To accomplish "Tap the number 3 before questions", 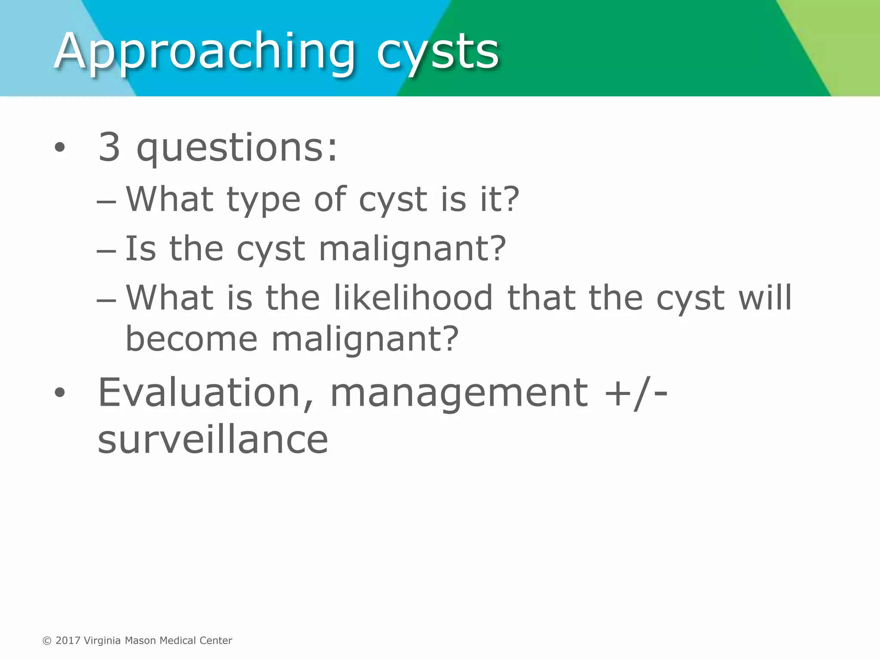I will click(x=109, y=147).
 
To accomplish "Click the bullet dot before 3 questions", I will click(x=60, y=148).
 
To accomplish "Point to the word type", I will click(x=263, y=200).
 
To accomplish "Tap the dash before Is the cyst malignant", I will click(x=106, y=251).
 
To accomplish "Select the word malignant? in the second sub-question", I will click(x=412, y=250).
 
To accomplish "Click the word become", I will click(x=191, y=339).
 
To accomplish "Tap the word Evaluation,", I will click(x=206, y=393).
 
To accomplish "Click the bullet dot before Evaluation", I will click(x=60, y=392).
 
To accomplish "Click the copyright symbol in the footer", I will click(x=47, y=641).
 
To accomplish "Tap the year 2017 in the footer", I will click(x=68, y=641).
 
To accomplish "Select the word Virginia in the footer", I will click(x=102, y=641).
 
